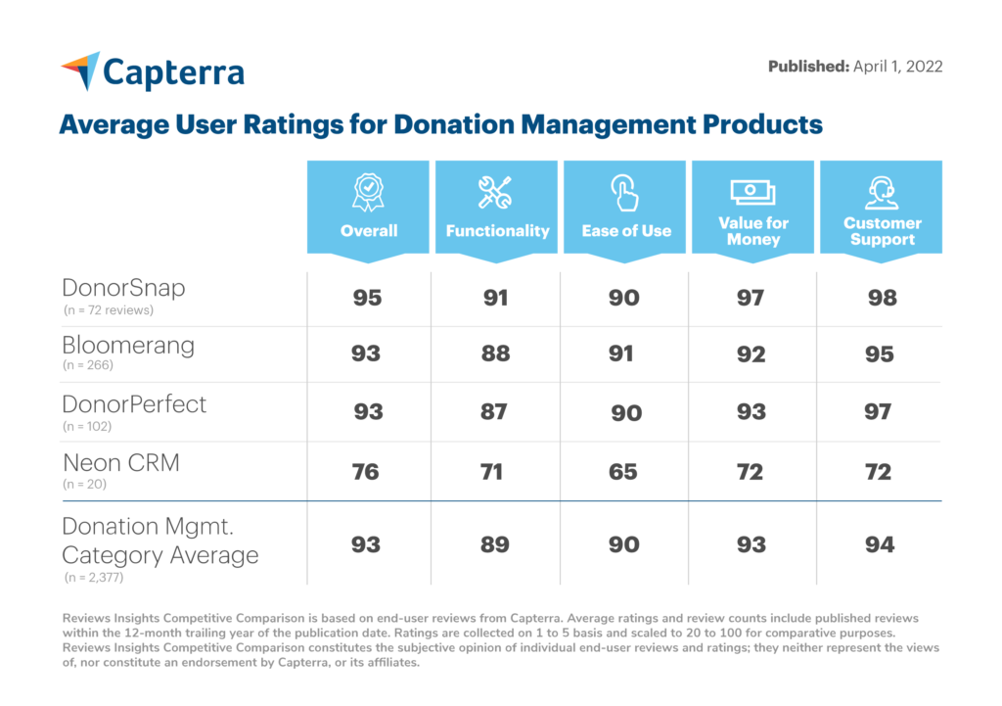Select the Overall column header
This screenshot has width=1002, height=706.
369,231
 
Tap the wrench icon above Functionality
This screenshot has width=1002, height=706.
495,192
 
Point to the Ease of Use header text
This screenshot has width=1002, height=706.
626,231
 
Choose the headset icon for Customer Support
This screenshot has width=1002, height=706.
882,191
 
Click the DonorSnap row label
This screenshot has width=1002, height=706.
122,288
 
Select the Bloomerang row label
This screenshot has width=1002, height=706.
128,346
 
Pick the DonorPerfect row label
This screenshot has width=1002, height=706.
134,403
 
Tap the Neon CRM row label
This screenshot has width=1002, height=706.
120,462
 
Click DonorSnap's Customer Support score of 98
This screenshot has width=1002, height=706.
882,297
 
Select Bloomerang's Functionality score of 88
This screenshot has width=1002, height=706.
495,353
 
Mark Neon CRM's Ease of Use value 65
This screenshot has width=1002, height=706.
623,472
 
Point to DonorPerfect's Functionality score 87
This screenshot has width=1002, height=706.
494,411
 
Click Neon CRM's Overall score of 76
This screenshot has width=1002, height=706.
367,472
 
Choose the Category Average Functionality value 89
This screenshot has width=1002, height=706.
495,544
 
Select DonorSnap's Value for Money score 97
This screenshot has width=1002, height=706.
751,297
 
